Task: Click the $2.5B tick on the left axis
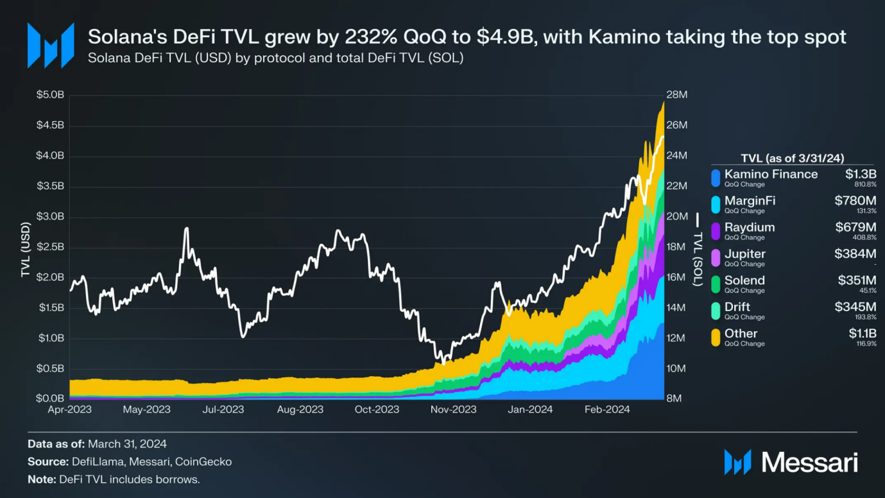[x=51, y=248]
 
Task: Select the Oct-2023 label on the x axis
[x=377, y=409]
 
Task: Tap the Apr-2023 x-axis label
[x=70, y=409]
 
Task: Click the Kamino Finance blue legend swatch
[x=716, y=178]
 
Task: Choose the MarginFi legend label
[x=750, y=201]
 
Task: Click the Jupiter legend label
[x=744, y=254]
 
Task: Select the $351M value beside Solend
[x=855, y=280]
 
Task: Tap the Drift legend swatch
[x=716, y=311]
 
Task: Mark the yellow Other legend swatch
[x=716, y=338]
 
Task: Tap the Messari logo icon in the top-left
[x=50, y=46]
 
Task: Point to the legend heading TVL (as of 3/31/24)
[x=792, y=158]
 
